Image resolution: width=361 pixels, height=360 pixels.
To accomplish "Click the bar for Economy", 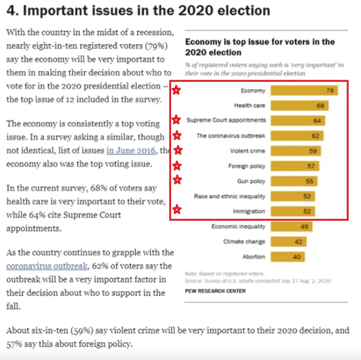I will [304, 90].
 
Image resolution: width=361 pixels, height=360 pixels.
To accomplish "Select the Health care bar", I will [299, 105].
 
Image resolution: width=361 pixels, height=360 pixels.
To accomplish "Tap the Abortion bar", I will [287, 257].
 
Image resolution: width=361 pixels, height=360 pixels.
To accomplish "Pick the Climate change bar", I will [288, 242].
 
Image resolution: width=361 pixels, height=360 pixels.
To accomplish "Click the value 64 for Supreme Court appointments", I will [317, 121].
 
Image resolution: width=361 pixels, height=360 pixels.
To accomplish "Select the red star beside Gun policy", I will [177, 180].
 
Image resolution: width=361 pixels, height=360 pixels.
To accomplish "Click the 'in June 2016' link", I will [131, 151].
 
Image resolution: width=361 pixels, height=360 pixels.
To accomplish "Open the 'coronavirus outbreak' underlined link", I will [47, 266].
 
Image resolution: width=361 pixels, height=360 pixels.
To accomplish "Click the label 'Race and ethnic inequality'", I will [229, 196].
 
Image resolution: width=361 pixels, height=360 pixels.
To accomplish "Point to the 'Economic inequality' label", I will [238, 226].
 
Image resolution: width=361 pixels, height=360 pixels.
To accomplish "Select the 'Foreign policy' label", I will [247, 166].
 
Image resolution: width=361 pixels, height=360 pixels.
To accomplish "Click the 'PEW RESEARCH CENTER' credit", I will [215, 291].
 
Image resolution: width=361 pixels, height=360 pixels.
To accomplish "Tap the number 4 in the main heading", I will [12, 11].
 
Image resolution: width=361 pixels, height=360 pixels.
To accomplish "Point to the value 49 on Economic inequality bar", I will [304, 227].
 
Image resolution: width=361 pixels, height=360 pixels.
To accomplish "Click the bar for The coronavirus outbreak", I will [297, 136].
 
